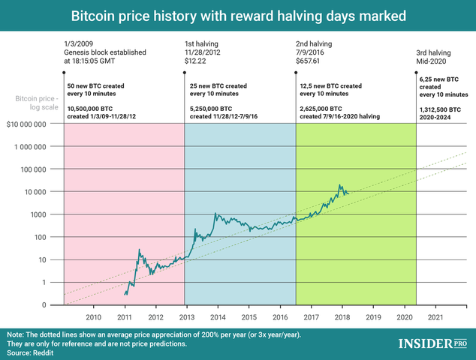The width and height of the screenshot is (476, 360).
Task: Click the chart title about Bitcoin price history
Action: (238, 15)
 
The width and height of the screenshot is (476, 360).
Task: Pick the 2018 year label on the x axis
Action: (342, 318)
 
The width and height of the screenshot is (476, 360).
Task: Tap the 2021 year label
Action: (435, 318)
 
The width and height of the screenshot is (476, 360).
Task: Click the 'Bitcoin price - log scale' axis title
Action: (33, 103)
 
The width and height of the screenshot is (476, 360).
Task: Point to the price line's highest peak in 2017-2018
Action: (341, 185)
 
